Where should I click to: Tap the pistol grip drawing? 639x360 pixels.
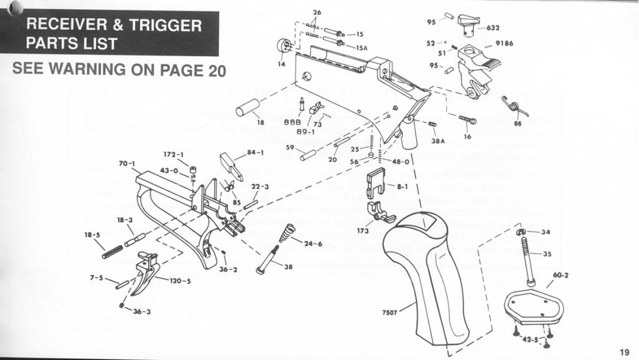coord(431,275)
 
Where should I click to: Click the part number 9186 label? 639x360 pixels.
coord(504,44)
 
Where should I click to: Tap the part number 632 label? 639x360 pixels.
coord(493,27)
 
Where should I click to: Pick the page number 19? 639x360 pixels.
coord(625,351)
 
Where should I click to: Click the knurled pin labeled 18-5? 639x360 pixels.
coord(113,250)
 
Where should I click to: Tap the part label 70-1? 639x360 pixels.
coord(127,164)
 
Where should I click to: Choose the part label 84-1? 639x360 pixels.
coord(256,152)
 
